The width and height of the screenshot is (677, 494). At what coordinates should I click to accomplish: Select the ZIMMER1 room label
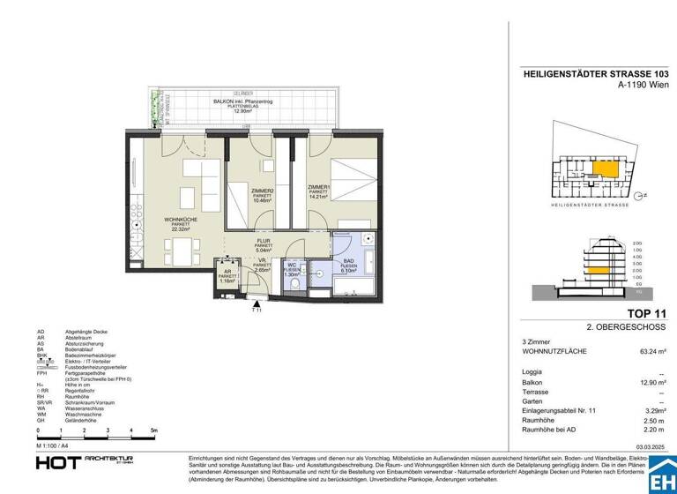[319, 187]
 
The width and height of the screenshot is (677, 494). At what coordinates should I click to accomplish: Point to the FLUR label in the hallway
[263, 240]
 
